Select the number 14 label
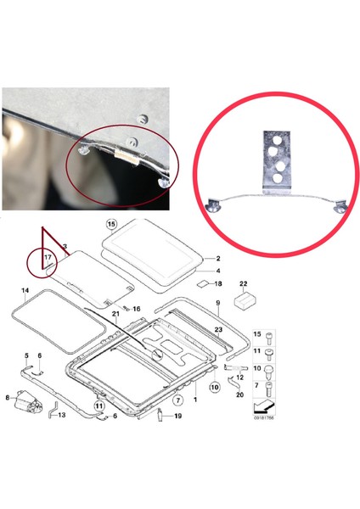click(x=25, y=291)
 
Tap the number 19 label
click(x=177, y=416)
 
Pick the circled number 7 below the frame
click(x=178, y=398)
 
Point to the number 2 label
click(x=218, y=258)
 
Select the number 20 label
click(x=240, y=394)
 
